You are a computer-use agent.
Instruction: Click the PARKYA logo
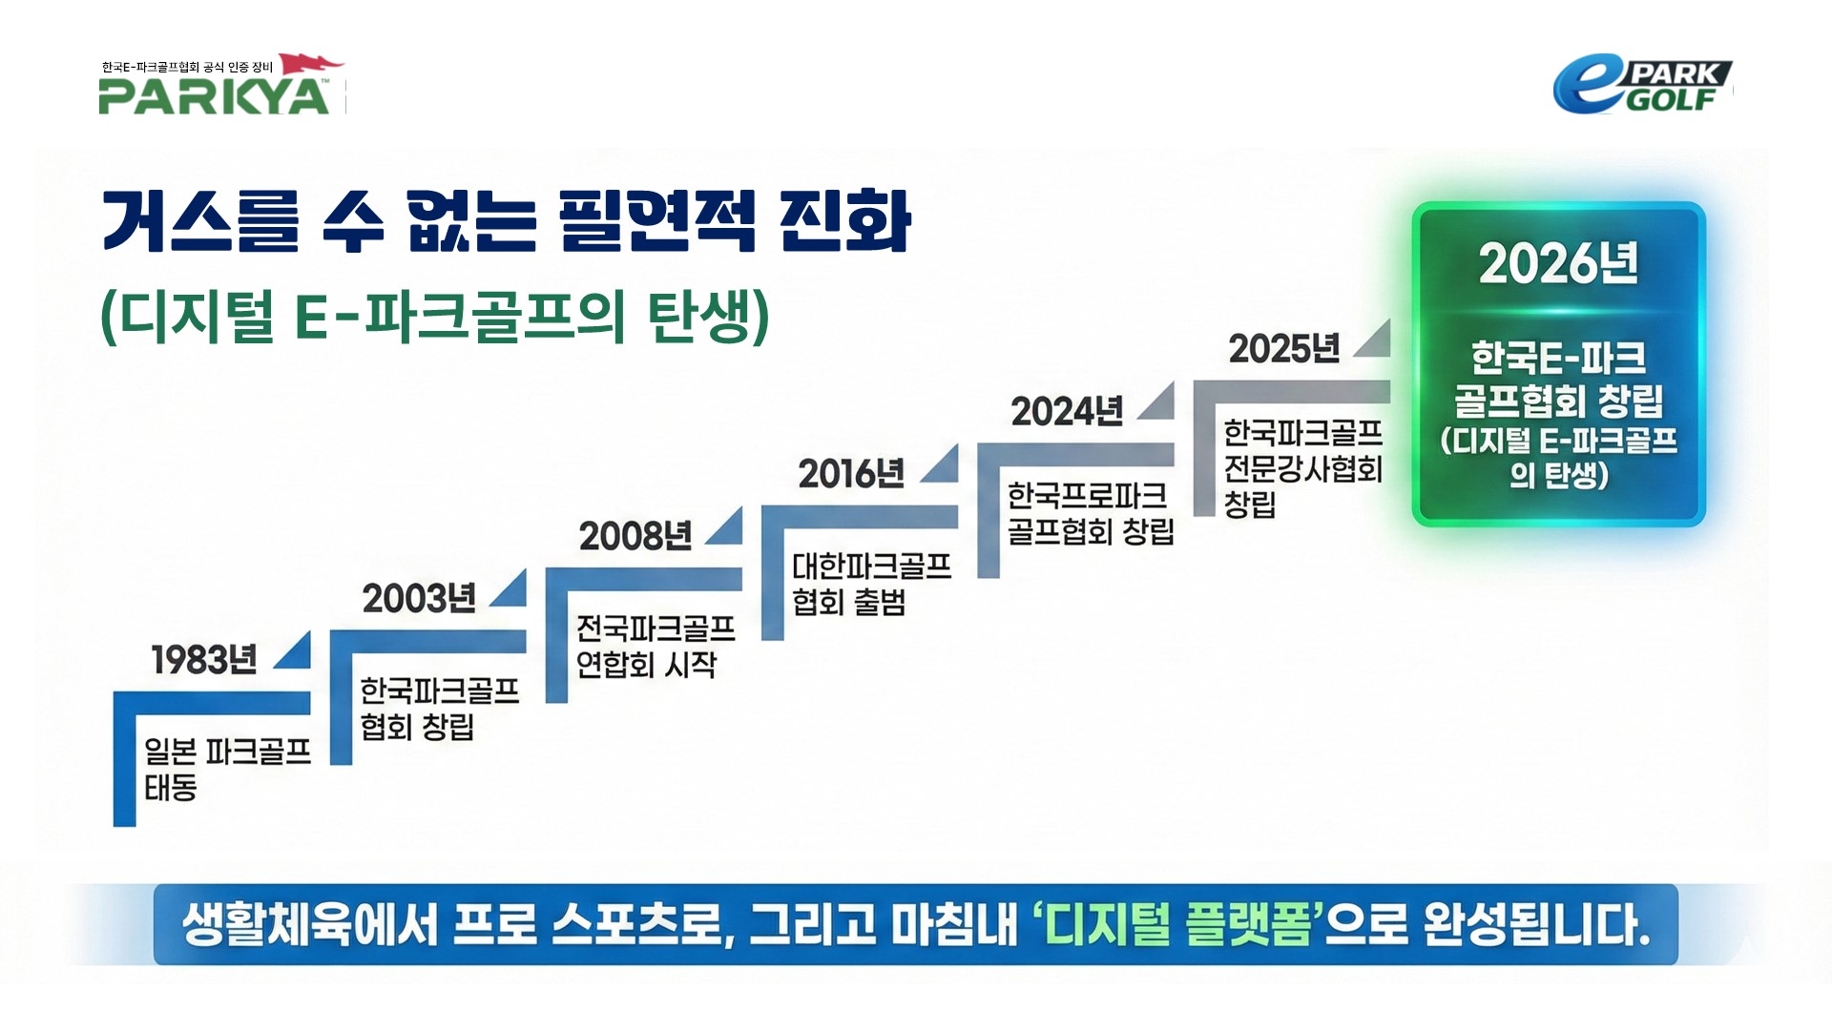click(221, 85)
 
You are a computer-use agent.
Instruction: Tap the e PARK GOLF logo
click(1642, 84)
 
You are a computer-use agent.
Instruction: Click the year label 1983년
click(204, 659)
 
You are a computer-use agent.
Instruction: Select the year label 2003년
click(419, 598)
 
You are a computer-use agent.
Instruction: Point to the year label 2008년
click(635, 536)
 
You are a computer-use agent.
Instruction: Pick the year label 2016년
click(851, 473)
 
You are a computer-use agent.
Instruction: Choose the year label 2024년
click(1067, 411)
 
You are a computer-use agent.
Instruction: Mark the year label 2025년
click(1284, 349)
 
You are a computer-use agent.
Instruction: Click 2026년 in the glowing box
click(1559, 263)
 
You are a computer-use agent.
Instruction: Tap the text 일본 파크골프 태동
click(228, 770)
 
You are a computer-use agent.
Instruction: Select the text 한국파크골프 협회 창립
click(440, 709)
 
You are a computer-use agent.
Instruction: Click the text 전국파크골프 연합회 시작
click(656, 646)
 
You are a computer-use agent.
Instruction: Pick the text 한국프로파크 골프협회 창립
click(1091, 513)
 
